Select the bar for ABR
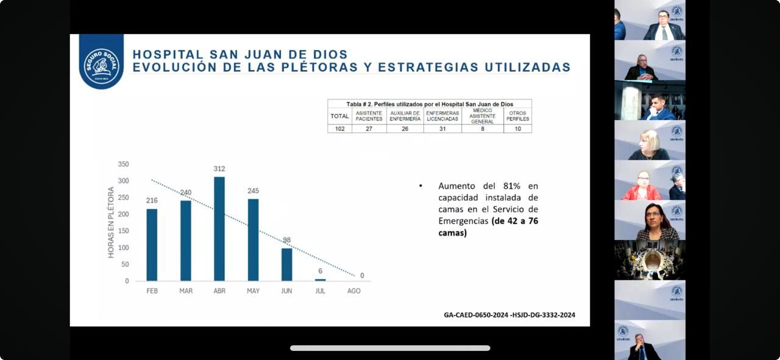click(219, 228)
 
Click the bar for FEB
click(152, 245)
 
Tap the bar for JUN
click(286, 264)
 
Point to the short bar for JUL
click(320, 280)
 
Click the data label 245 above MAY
click(253, 191)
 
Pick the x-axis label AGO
click(354, 291)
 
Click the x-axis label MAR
click(186, 291)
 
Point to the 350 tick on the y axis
click(123, 164)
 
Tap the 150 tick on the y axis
click(123, 231)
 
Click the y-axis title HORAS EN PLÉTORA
click(111, 222)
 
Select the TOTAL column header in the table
click(339, 116)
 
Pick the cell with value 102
click(339, 129)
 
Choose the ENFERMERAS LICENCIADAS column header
click(442, 116)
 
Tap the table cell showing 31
click(442, 129)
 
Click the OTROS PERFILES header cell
click(517, 116)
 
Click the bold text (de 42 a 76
click(515, 221)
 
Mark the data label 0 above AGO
click(362, 275)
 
